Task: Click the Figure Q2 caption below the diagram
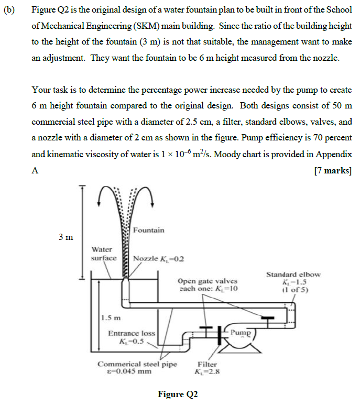pos(178,394)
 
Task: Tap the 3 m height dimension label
pos(65,237)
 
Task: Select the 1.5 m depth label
pos(111,318)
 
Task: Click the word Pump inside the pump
pos(241,332)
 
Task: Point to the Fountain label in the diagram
pos(148,230)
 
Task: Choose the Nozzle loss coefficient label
pos(158,259)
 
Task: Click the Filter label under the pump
pos(207,365)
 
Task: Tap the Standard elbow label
pos(293,274)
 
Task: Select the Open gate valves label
pos(208,281)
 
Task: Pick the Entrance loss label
pos(132,333)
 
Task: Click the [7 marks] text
pos(333,171)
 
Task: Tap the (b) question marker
pos(9,10)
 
